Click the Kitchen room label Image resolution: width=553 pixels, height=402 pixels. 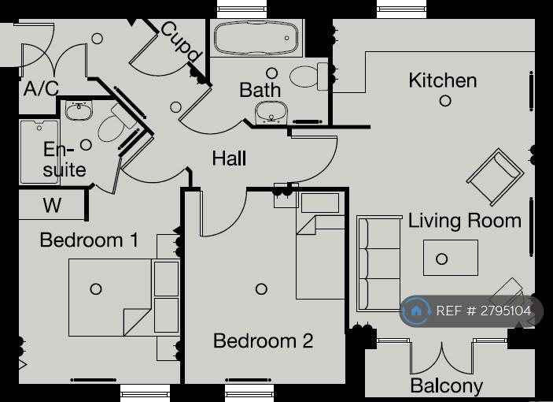443,80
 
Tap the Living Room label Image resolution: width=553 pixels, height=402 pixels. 464,221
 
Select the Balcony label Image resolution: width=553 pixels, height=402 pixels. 447,385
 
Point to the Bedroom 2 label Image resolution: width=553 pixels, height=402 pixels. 263,341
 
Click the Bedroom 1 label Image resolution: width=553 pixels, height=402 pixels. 89,240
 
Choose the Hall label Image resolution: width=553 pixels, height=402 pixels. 229,158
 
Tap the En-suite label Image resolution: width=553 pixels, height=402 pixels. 65,159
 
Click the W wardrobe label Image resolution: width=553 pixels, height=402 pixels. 52,205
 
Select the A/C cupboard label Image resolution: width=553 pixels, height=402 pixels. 41,88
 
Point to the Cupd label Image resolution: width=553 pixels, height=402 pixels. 181,41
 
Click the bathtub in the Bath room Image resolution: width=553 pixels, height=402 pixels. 256,38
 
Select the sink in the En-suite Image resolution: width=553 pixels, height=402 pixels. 79,110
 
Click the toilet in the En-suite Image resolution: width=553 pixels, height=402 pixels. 116,124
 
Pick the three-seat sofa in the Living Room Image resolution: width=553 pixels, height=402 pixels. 379,263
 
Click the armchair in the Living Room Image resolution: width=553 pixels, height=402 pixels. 495,177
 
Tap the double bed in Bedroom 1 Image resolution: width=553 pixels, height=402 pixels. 124,297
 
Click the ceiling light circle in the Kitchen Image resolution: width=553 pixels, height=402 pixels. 445,101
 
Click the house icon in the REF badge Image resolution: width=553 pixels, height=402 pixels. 416,311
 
